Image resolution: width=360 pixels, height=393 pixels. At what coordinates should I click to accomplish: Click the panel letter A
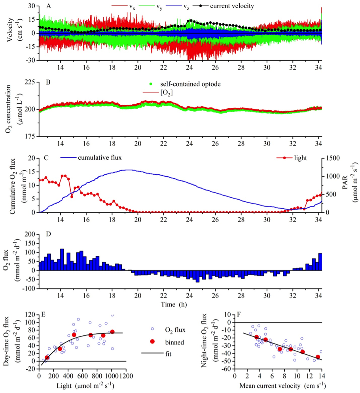tap(48, 6)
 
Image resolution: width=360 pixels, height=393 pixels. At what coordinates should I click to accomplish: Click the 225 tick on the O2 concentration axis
tap(30, 82)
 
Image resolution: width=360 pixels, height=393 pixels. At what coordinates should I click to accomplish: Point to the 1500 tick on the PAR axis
tap(330, 158)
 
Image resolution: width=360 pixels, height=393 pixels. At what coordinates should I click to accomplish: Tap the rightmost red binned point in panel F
tap(318, 357)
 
